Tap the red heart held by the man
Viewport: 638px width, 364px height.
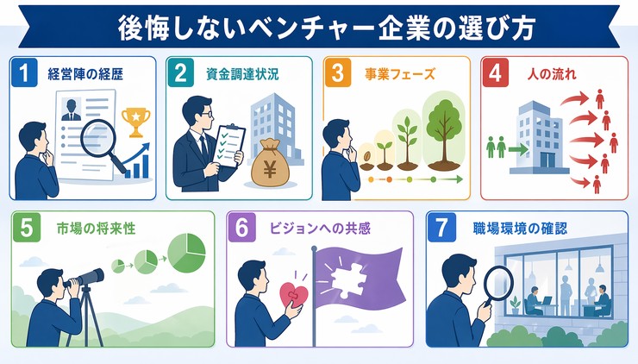click(289, 298)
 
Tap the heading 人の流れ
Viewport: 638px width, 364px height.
click(551, 74)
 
